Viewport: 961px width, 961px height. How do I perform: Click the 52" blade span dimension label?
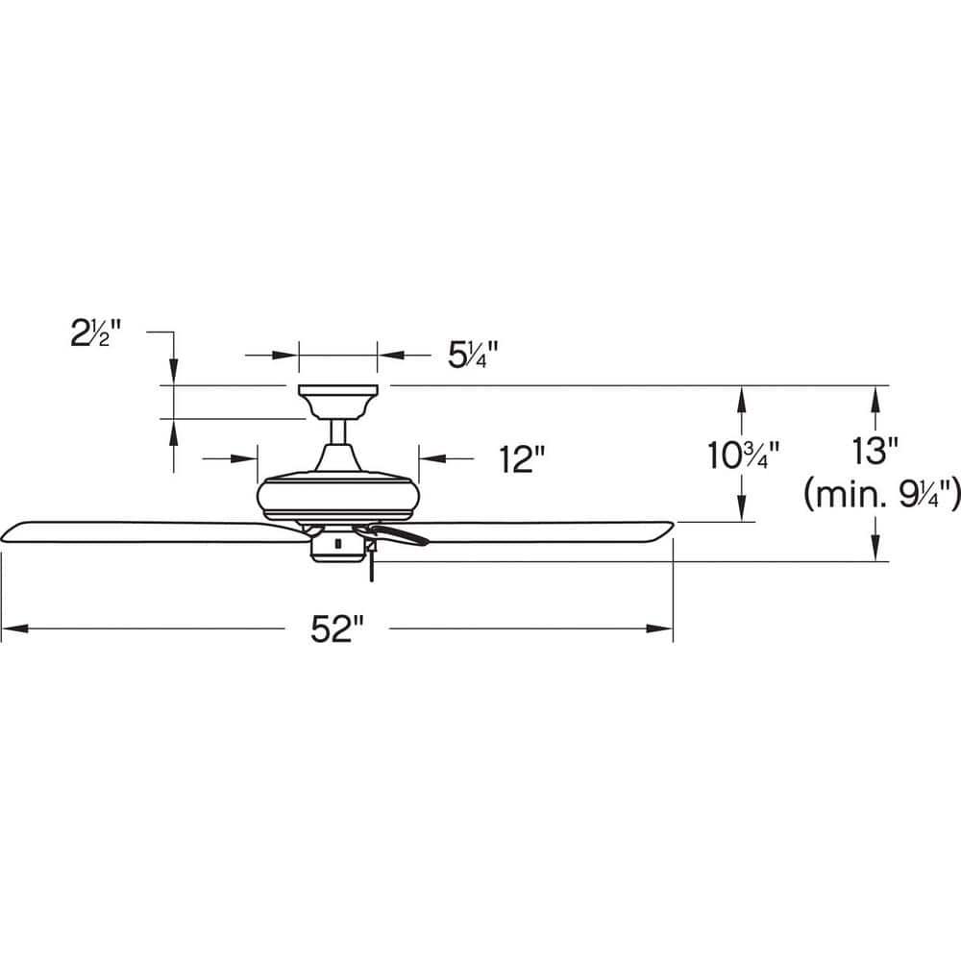coord(337,628)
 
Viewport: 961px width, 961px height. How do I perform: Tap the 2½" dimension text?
coord(96,334)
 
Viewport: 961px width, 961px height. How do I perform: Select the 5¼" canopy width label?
coord(473,355)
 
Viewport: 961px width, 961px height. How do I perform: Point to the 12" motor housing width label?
coord(522,459)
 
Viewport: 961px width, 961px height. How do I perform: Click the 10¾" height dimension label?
coord(744,456)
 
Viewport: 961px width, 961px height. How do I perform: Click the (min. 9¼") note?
coord(882,494)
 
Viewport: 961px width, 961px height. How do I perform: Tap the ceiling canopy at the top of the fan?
coord(337,403)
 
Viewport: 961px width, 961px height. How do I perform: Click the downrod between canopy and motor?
coord(337,432)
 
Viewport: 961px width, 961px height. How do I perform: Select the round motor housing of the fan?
coord(337,496)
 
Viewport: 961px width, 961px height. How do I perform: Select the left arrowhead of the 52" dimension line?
coord(14,628)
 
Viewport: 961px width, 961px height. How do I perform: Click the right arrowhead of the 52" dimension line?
coord(659,628)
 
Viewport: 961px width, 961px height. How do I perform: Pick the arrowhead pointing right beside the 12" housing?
coord(244,457)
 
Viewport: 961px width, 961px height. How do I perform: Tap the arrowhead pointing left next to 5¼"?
coord(391,355)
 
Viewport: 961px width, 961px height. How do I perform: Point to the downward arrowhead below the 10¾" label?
coord(742,508)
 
